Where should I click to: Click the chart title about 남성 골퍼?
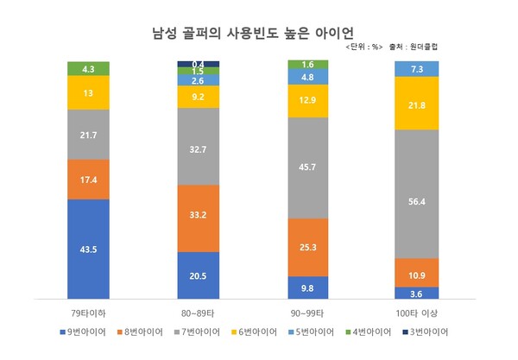pos(257,33)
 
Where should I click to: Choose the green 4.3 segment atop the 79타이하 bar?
pos(89,68)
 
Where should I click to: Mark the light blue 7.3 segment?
pos(416,69)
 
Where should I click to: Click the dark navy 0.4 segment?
pos(198,64)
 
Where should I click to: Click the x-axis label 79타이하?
pos(89,308)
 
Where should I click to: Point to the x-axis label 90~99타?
pos(307,308)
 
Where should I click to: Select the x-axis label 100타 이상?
pos(416,308)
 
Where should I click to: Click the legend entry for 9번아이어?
pos(90,332)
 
